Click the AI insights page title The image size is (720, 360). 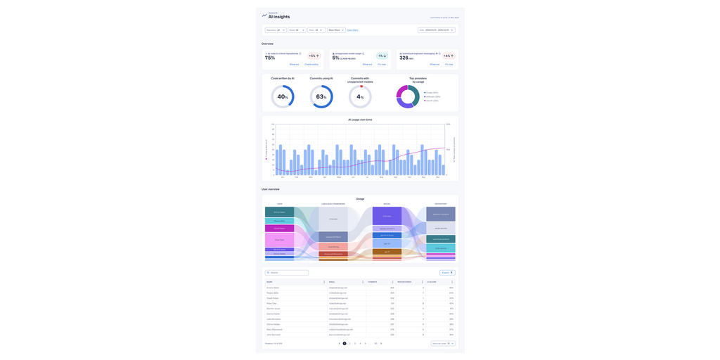pyautogui.click(x=278, y=17)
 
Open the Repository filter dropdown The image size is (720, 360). pyautogui.click(x=275, y=30)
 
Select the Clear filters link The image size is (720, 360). pyautogui.click(x=352, y=30)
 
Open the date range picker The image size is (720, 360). pyautogui.click(x=437, y=30)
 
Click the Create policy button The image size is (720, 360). pyautogui.click(x=311, y=64)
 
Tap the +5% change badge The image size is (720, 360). pyautogui.click(x=314, y=56)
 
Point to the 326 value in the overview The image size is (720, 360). pyautogui.click(x=405, y=58)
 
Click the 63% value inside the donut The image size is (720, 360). pyautogui.click(x=321, y=97)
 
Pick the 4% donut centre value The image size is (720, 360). pyautogui.click(x=360, y=97)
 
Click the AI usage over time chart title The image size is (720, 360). pyautogui.click(x=360, y=120)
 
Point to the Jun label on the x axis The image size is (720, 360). pyautogui.click(x=354, y=177)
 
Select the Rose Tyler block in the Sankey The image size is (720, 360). pyautogui.click(x=279, y=240)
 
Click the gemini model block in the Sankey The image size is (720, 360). pyautogui.click(x=387, y=236)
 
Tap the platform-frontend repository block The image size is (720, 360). pyautogui.click(x=441, y=214)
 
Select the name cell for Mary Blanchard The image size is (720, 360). pyautogui.click(x=276, y=329)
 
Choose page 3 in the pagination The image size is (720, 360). pyautogui.click(x=355, y=343)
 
